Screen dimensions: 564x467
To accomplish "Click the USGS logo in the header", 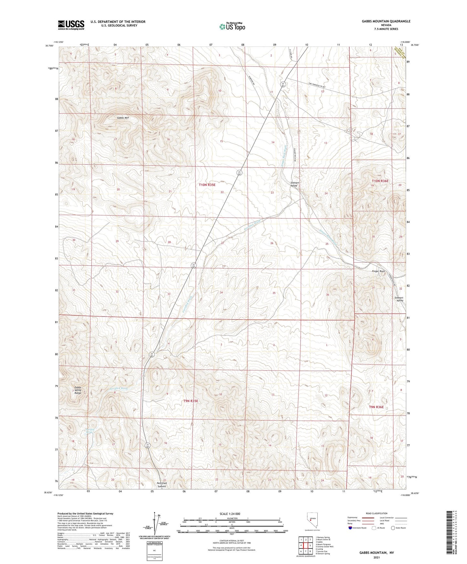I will pos(71,25).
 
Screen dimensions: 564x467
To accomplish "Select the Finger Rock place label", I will pos(378,271).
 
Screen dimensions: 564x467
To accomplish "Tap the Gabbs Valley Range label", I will pos(78,390).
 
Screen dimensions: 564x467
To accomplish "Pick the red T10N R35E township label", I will pos(207,185).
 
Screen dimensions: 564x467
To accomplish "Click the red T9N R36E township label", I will pos(376,407).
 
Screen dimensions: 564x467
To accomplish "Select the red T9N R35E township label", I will pos(191,401).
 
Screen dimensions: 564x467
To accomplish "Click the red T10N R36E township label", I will pos(380,181).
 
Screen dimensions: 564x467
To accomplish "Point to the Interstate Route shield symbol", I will pos(350,528).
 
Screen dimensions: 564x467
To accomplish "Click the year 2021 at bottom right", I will pos(377,557).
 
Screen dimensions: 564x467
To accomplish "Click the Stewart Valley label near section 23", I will pos(294,184).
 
